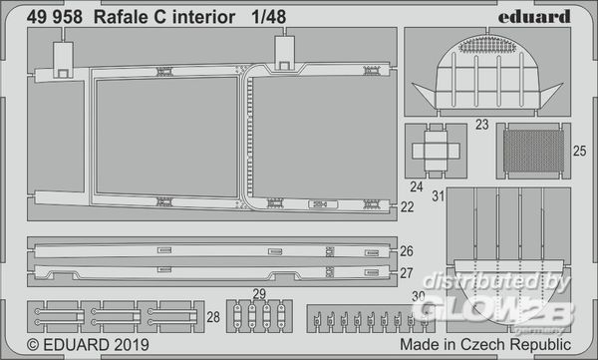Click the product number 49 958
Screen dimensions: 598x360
pos(55,17)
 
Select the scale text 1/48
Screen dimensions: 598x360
pos(268,17)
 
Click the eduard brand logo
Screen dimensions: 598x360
pos(534,17)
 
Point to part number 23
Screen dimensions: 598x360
pos(482,125)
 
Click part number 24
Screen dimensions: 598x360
pos(417,186)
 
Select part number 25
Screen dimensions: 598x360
pos(579,151)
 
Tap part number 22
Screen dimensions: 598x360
pos(407,206)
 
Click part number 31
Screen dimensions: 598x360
pos(439,196)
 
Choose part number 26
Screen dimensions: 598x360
pos(407,251)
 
